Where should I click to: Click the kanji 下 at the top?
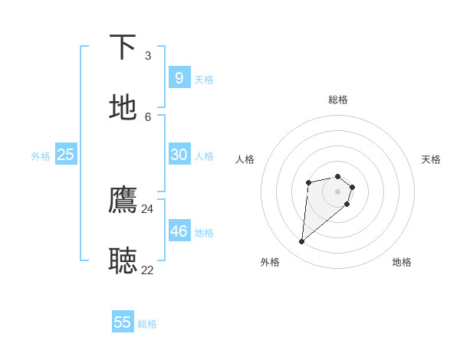123,47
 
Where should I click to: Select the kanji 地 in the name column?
123,107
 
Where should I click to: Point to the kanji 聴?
123,260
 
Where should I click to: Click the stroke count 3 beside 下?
148,55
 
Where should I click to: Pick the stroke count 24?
147,208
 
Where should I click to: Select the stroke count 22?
147,270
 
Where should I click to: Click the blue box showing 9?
179,77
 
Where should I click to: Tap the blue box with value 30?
179,155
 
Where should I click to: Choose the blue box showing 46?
179,231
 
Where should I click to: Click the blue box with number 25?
65,155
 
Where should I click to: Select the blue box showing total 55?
123,322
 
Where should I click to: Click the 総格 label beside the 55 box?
147,324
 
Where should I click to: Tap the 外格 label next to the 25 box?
41,156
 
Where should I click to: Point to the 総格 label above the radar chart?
338,100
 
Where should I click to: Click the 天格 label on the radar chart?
431,159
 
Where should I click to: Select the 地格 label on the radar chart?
402,262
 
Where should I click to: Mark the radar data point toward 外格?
302,241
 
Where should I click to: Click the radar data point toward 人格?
308,182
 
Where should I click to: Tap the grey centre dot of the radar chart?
338,191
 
